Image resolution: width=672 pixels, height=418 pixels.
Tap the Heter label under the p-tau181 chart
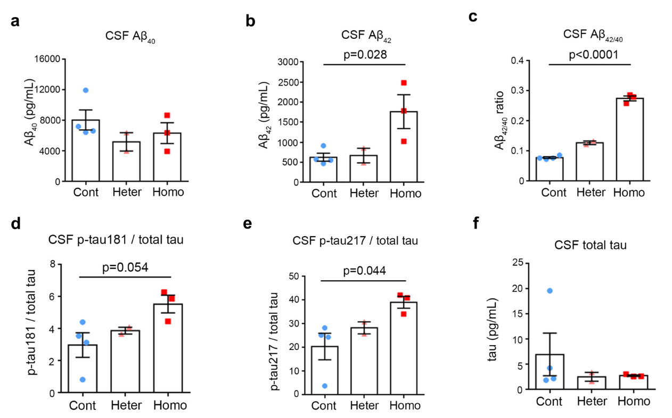click(x=126, y=405)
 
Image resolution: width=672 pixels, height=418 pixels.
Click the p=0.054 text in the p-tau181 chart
click(x=125, y=267)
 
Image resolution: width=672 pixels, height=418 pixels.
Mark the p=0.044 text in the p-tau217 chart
click(x=364, y=271)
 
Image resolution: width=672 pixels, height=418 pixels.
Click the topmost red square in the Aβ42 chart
click(x=404, y=83)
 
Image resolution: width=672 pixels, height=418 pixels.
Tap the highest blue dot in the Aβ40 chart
click(x=85, y=90)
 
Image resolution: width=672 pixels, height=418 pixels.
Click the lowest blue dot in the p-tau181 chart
click(x=83, y=379)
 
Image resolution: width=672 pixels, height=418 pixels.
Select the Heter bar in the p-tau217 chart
click(x=364, y=361)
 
